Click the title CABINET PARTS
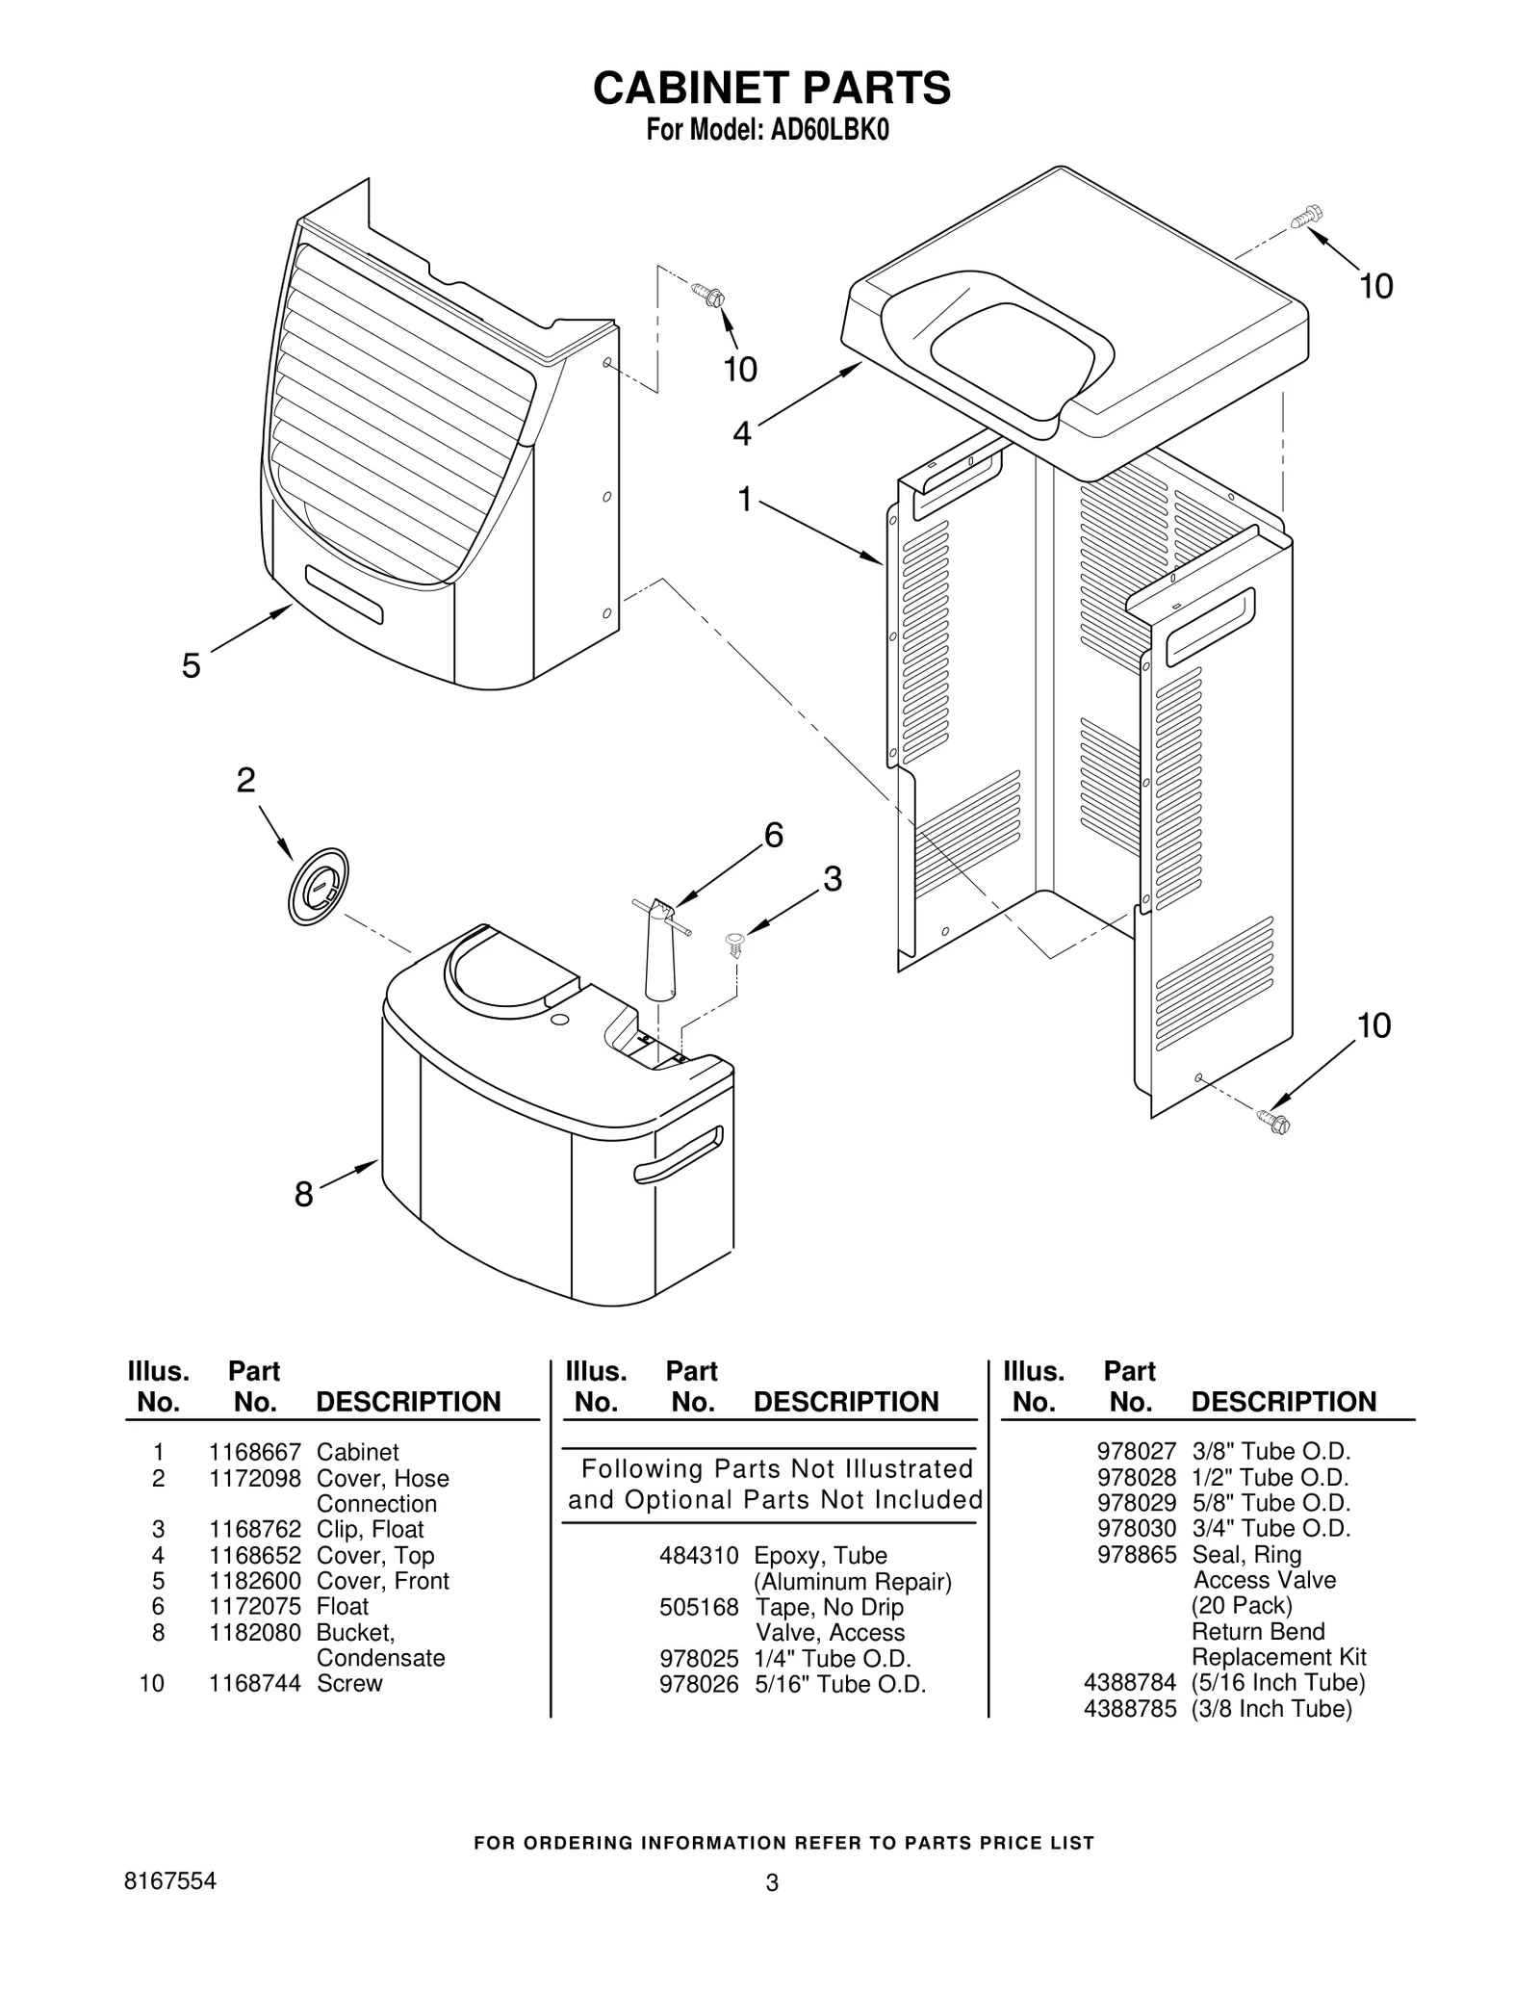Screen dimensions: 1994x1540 (771, 88)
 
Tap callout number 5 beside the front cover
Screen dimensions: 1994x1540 (192, 665)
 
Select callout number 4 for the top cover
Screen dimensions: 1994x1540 (741, 434)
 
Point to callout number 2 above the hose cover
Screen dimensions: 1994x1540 (246, 780)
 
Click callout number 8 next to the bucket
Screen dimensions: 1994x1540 (303, 1195)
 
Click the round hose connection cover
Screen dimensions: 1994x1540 (318, 887)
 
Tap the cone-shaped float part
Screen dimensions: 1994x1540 (660, 952)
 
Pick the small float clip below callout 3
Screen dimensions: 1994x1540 (736, 943)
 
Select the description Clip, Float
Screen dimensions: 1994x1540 (370, 1529)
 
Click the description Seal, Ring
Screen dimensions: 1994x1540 (1246, 1554)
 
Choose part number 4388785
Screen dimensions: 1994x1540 (1130, 1708)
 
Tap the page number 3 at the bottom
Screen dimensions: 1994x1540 (771, 1883)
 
